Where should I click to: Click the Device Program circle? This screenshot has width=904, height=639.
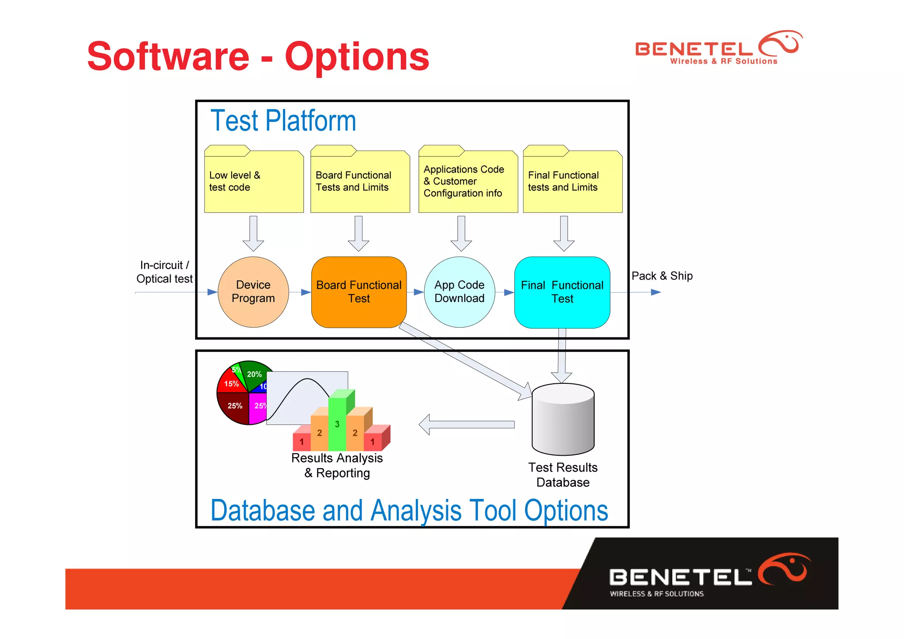click(253, 292)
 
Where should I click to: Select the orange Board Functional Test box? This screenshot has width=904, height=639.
click(358, 292)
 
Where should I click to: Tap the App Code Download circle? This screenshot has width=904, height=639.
click(459, 292)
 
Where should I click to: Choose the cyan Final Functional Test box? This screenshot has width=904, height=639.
click(562, 292)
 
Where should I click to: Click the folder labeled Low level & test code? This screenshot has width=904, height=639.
click(254, 181)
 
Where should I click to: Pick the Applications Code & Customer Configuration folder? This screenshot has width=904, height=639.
click(468, 181)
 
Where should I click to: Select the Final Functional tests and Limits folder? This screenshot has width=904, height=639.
click(573, 181)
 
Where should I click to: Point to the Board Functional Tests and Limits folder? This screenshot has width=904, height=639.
click(360, 181)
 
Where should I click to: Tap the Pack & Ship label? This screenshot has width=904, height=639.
click(662, 276)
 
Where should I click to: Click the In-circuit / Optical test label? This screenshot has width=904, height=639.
click(164, 272)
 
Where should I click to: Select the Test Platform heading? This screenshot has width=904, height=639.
click(283, 121)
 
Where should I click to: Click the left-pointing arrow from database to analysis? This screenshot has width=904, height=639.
click(466, 424)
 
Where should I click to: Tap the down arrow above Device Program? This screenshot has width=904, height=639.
click(253, 233)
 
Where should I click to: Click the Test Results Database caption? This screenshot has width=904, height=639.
click(563, 475)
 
